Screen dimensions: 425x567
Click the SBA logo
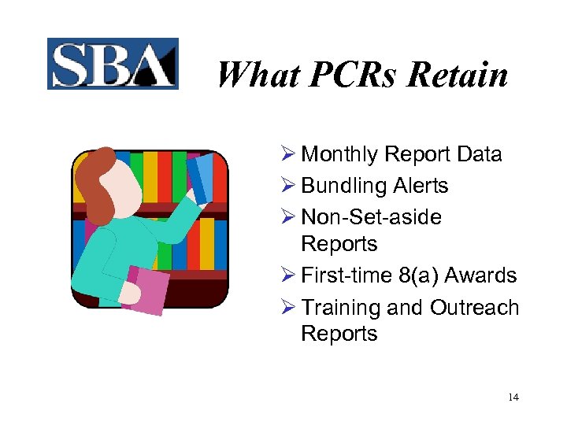click(x=113, y=64)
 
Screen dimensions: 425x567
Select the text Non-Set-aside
click(x=371, y=217)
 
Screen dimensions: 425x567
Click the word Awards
click(x=480, y=275)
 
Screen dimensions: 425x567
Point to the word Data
click(x=479, y=154)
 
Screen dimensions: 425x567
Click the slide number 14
click(x=513, y=397)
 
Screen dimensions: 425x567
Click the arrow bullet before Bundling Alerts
click(x=288, y=187)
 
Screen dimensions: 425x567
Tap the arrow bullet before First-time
click(x=288, y=275)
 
